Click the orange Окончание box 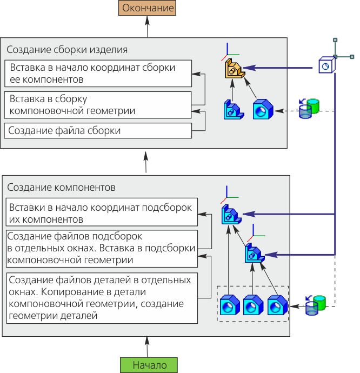[148, 8]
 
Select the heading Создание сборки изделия [67, 50]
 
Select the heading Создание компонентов [61, 188]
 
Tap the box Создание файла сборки [98, 131]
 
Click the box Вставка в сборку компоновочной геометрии [98, 105]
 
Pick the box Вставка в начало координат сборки [98, 74]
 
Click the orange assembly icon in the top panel [233, 69]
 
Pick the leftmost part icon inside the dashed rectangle [229, 305]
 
